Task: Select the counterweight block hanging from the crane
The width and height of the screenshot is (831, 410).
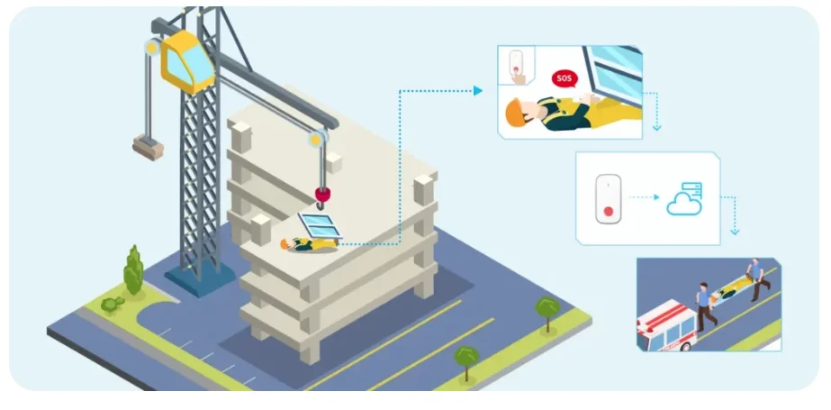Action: [x=147, y=144]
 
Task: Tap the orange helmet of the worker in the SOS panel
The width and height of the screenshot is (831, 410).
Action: [x=513, y=113]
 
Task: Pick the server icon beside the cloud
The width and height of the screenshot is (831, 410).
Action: [x=693, y=188]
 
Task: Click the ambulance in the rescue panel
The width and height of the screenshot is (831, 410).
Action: [x=664, y=328]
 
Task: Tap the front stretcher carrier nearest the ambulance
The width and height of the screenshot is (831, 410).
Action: [x=703, y=306]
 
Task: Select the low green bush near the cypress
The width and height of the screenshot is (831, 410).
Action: [x=112, y=305]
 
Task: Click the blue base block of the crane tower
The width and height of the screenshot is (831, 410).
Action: [x=194, y=278]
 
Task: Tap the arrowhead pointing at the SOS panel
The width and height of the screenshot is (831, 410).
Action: [x=478, y=90]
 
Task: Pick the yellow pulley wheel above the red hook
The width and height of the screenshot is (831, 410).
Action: [x=315, y=138]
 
